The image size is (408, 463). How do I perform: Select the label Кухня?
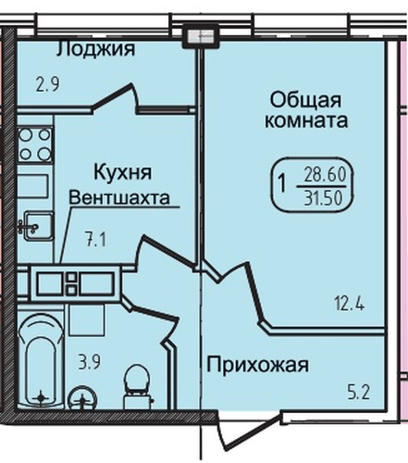120,172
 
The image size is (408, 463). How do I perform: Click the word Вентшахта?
120,197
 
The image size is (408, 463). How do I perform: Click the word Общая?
304,99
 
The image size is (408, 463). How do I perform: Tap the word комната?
305,121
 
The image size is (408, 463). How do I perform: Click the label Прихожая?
256,364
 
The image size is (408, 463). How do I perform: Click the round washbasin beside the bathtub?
85,400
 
